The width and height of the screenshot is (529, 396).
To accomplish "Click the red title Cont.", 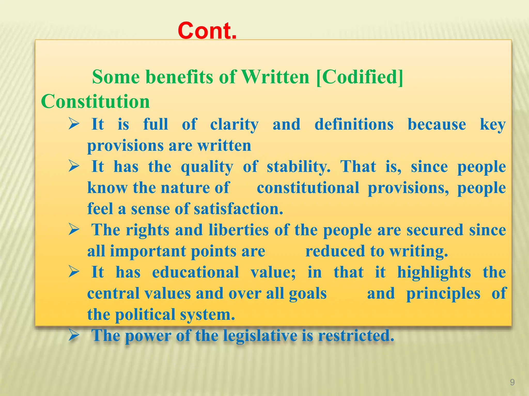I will (207, 31).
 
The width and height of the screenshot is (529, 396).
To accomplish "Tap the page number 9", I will (512, 382).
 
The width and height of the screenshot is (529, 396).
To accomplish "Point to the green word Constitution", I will (95, 101).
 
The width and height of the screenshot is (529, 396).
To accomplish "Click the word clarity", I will (234, 125).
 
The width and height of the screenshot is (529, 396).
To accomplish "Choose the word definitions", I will (354, 124).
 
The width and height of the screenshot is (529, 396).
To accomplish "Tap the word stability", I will (298, 167).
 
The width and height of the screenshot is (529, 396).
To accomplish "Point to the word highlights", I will (434, 273).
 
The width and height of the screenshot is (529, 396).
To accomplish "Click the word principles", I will (443, 294).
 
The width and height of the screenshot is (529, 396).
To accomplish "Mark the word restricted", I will (356, 336).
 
